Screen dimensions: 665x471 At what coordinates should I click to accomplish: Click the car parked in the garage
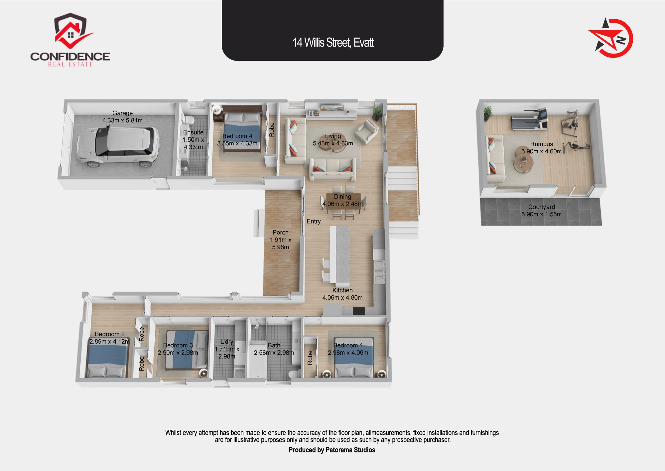[118, 147]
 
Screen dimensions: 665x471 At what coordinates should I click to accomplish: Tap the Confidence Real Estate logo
[70, 40]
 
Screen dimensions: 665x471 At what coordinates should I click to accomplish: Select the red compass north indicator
[611, 38]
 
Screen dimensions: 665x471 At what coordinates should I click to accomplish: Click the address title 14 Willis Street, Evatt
[333, 43]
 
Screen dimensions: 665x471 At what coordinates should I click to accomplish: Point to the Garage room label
[122, 113]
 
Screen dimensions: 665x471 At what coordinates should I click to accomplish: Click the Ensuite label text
[193, 132]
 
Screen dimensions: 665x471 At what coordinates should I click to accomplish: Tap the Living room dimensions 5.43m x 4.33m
[333, 143]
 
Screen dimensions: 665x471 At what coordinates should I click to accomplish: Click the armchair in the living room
[366, 131]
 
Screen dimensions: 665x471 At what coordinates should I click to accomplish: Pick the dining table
[343, 201]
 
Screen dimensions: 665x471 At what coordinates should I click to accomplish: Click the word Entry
[314, 221]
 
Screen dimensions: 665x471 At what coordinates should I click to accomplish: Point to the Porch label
[280, 232]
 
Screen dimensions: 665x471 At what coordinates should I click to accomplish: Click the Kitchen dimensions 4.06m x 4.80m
[342, 298]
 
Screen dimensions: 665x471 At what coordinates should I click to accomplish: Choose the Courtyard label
[541, 207]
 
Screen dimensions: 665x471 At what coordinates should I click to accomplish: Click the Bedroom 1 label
[348, 345]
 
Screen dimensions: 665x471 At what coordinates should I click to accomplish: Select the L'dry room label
[227, 342]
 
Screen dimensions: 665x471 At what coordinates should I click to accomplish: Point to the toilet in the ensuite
[188, 120]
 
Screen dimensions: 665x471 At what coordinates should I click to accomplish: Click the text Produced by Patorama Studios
[332, 450]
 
